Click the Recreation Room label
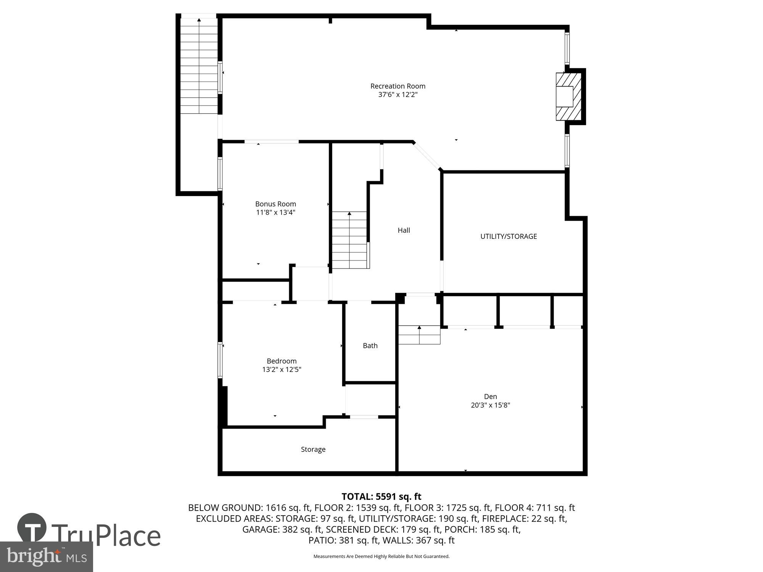pyautogui.click(x=398, y=86)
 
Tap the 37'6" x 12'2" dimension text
pyautogui.click(x=398, y=95)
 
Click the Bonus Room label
pyautogui.click(x=275, y=204)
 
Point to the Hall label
pyautogui.click(x=404, y=230)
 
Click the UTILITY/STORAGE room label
pyautogui.click(x=508, y=236)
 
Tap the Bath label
pyautogui.click(x=370, y=345)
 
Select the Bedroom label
pyautogui.click(x=282, y=361)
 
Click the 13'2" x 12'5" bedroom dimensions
pyautogui.click(x=282, y=370)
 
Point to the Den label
pyautogui.click(x=490, y=397)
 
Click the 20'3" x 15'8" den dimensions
pyautogui.click(x=490, y=405)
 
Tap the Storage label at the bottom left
pyautogui.click(x=313, y=450)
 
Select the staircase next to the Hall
pyautogui.click(x=349, y=240)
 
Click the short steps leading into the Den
pyautogui.click(x=419, y=335)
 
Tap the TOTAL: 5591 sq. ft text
pyautogui.click(x=381, y=496)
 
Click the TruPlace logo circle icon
pyautogui.click(x=32, y=528)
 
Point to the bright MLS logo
pyautogui.click(x=46, y=556)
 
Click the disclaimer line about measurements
pyautogui.click(x=381, y=556)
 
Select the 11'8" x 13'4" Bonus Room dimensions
pyautogui.click(x=275, y=212)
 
